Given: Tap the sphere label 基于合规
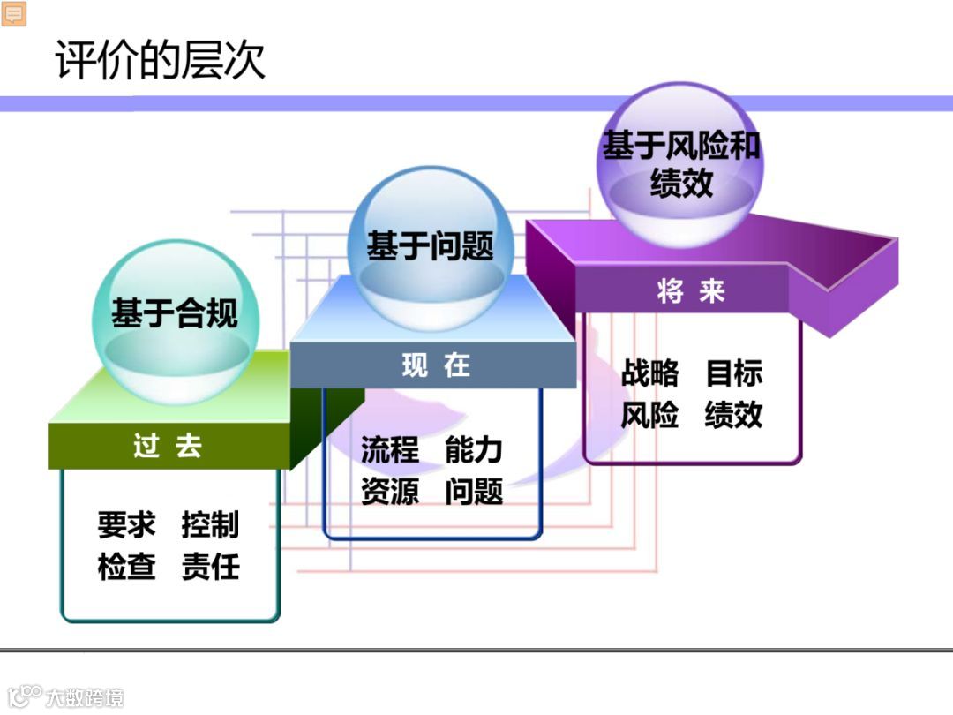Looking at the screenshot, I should tap(174, 313).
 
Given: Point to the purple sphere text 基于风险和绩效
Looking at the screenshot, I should tap(680, 164).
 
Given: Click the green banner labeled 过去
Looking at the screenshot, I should tap(168, 446).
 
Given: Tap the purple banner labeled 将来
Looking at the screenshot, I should tap(691, 291).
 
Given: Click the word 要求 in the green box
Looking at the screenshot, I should tap(126, 524).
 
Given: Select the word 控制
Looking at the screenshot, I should tap(210, 524).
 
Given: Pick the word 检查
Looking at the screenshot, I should tap(126, 566).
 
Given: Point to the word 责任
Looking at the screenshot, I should tap(210, 566).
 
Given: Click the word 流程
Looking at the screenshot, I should tap(389, 449).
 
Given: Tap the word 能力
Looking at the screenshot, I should tap(474, 449).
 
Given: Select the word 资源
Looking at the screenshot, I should tap(389, 491).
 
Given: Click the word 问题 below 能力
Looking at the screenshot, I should tap(474, 491).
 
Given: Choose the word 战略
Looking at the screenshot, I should tap(650, 373).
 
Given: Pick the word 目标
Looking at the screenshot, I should tap(734, 373).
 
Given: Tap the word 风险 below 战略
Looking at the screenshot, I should tap(650, 415).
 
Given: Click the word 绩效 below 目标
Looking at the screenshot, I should tap(734, 415).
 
